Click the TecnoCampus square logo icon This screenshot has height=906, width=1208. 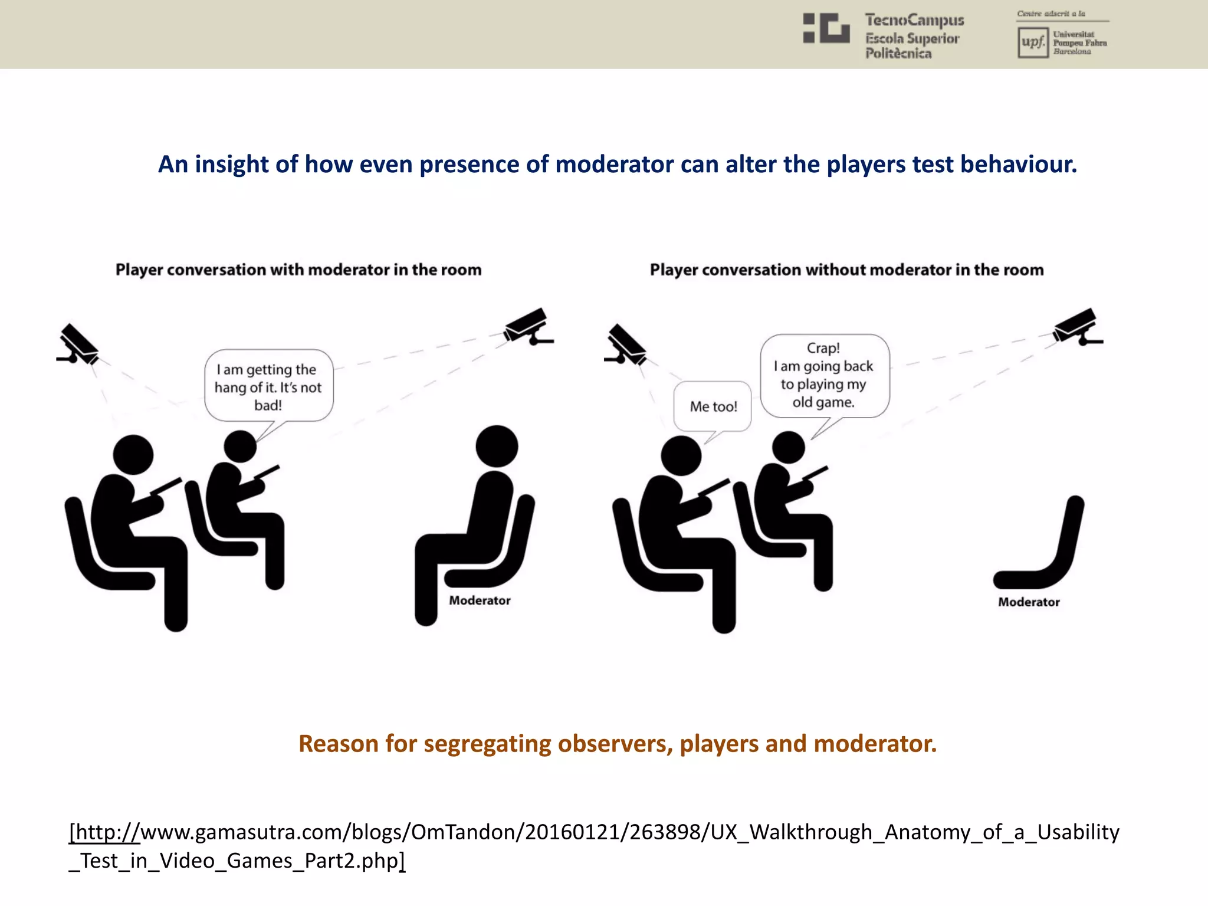(x=826, y=28)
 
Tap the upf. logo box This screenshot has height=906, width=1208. (x=1032, y=42)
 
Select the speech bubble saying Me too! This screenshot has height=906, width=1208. (x=713, y=406)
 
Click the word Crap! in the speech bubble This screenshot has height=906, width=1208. (x=823, y=348)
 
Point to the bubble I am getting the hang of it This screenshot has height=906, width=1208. (x=268, y=386)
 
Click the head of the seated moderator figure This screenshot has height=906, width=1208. (x=497, y=446)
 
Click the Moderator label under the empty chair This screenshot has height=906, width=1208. (x=1029, y=602)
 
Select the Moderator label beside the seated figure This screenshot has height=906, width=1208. (x=480, y=600)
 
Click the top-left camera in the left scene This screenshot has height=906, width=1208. (x=79, y=345)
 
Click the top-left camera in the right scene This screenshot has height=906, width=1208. (x=627, y=345)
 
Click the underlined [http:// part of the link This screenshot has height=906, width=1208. (x=104, y=832)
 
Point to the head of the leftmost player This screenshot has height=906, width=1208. (x=133, y=455)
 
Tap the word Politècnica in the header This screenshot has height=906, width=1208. (x=898, y=54)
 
